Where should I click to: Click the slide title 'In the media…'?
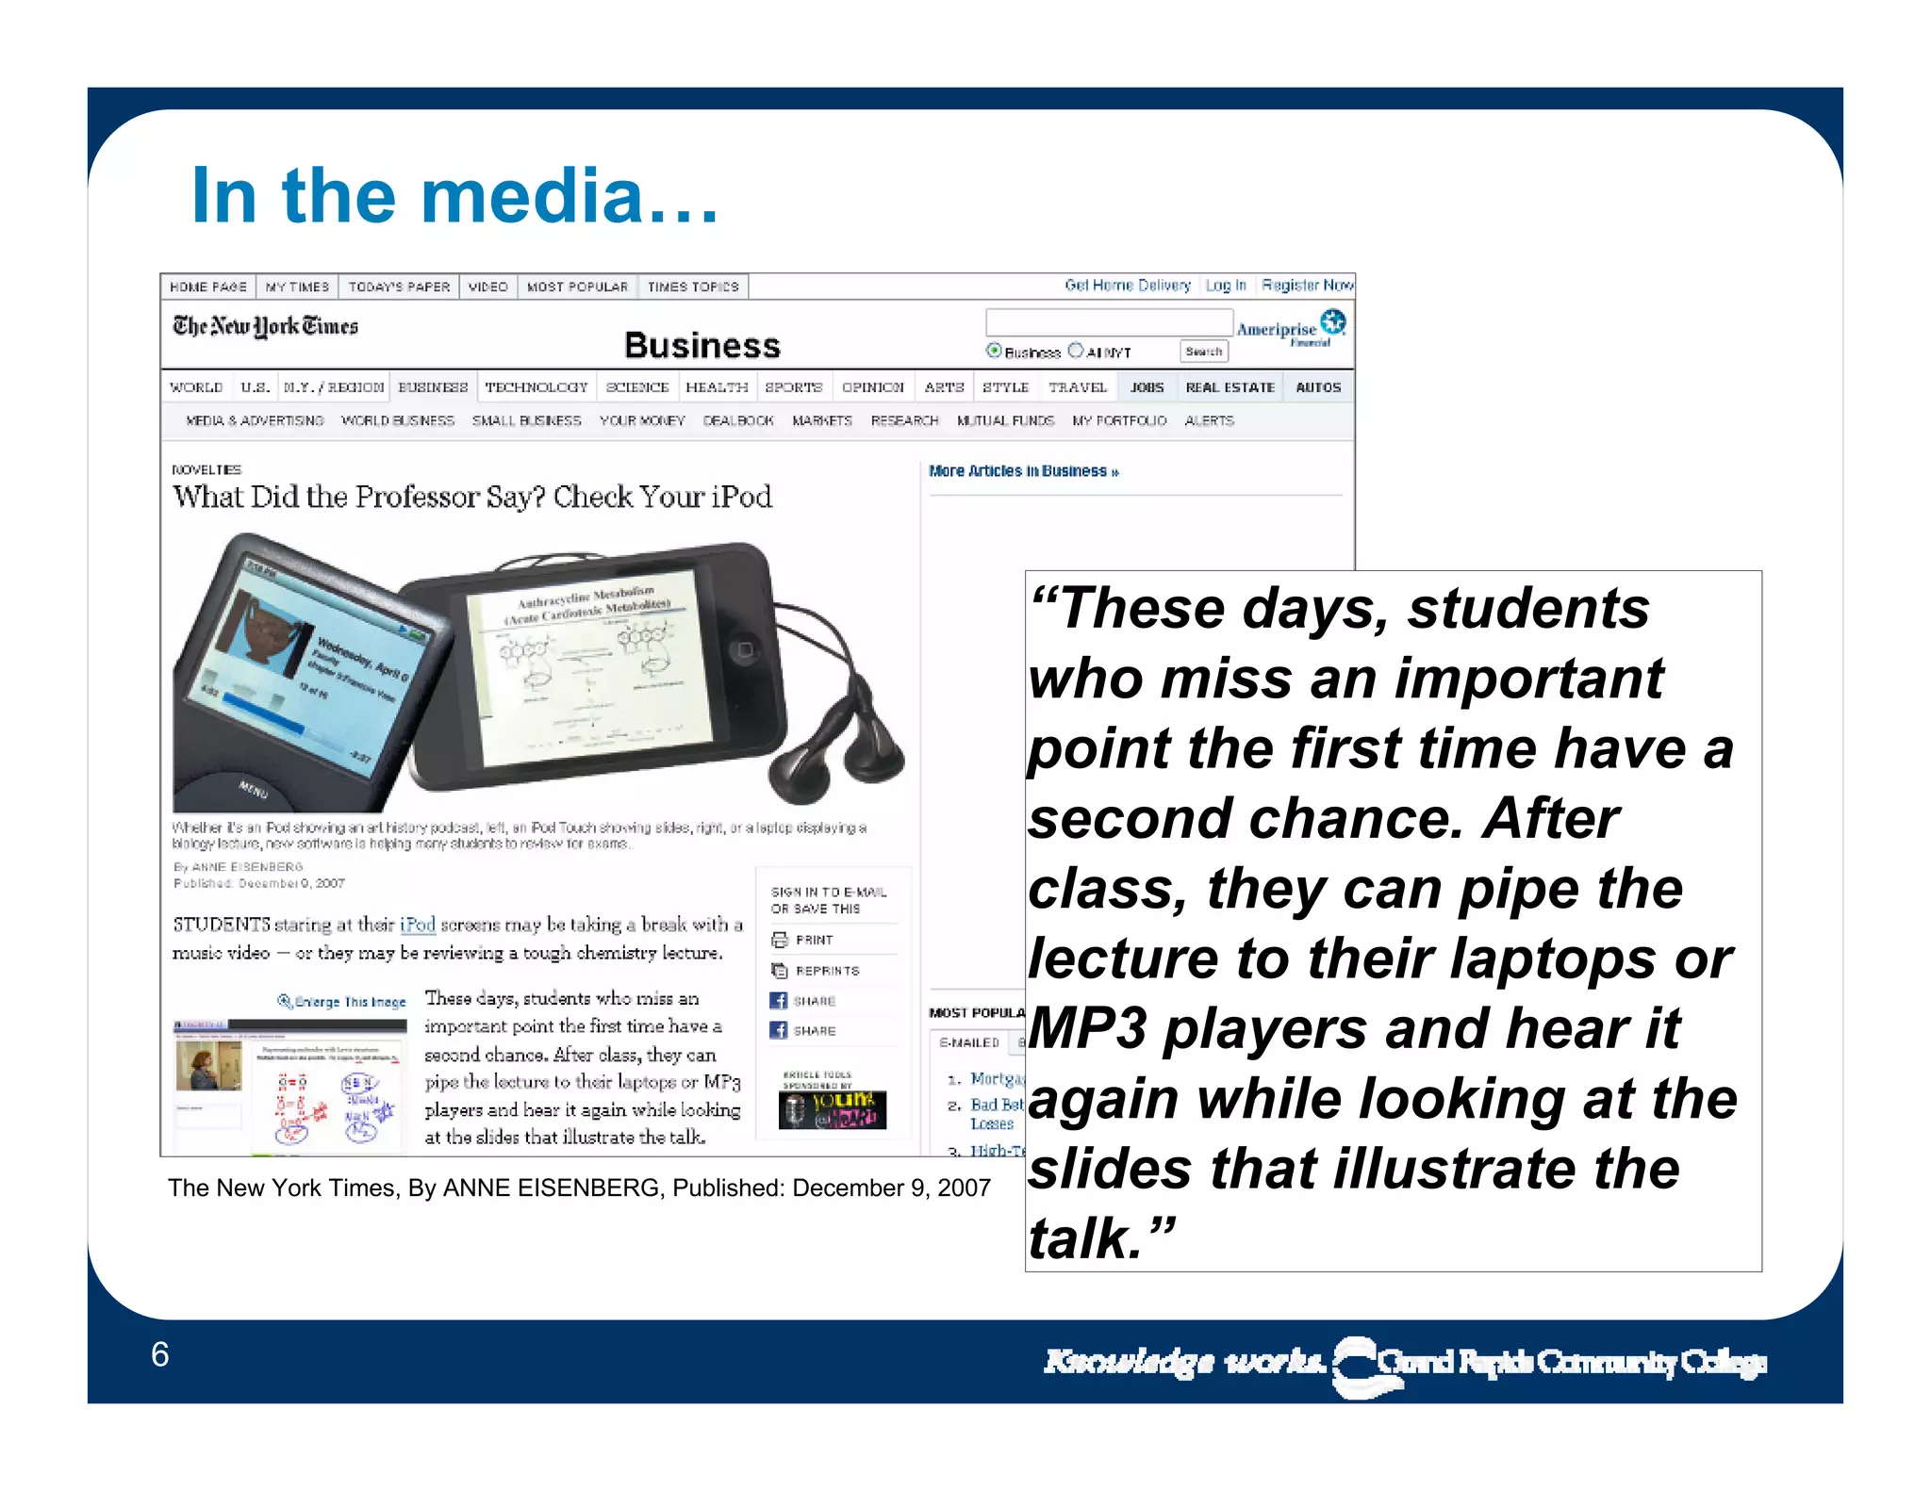pos(454,196)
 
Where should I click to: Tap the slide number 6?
pos(159,1354)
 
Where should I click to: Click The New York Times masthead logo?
pos(265,326)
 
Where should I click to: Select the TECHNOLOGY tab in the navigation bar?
pos(536,387)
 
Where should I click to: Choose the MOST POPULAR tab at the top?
pos(577,287)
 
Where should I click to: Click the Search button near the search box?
pos(1203,352)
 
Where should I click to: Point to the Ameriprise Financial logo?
pos(1291,329)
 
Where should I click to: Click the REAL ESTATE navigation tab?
pos(1230,387)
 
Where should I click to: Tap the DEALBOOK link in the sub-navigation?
pos(737,420)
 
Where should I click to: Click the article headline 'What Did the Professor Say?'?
pos(471,497)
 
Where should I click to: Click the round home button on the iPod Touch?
pos(744,650)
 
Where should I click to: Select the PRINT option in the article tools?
pos(813,940)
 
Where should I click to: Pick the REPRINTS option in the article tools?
pos(826,971)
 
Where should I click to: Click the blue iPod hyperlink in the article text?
pos(418,925)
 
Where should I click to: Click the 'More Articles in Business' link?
pos(1023,471)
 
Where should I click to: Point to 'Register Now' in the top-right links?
pos(1307,285)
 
